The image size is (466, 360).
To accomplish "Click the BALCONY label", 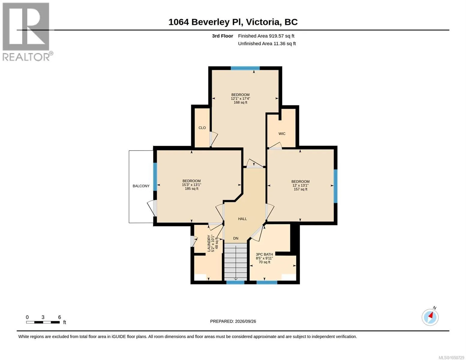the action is [141, 186].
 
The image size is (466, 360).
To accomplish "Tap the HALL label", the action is [242, 219].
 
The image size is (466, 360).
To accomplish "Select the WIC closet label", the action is [282, 133].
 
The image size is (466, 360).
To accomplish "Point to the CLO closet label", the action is [202, 128].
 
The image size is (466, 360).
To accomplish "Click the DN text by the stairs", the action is [236, 238].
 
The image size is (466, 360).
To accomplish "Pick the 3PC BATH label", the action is [264, 254].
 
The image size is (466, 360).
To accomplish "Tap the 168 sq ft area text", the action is [240, 103].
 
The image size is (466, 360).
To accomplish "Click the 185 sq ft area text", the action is [191, 189].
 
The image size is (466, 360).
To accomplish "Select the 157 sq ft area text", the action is [300, 189].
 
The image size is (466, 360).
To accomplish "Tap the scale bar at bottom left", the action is [43, 322].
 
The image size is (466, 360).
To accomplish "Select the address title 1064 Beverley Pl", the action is [206, 22].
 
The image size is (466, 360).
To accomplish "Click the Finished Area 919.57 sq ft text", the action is [266, 36].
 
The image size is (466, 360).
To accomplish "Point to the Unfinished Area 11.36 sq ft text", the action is [267, 43].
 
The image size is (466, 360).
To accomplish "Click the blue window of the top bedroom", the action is [245, 68].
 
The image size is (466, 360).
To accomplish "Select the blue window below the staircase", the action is [235, 282].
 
